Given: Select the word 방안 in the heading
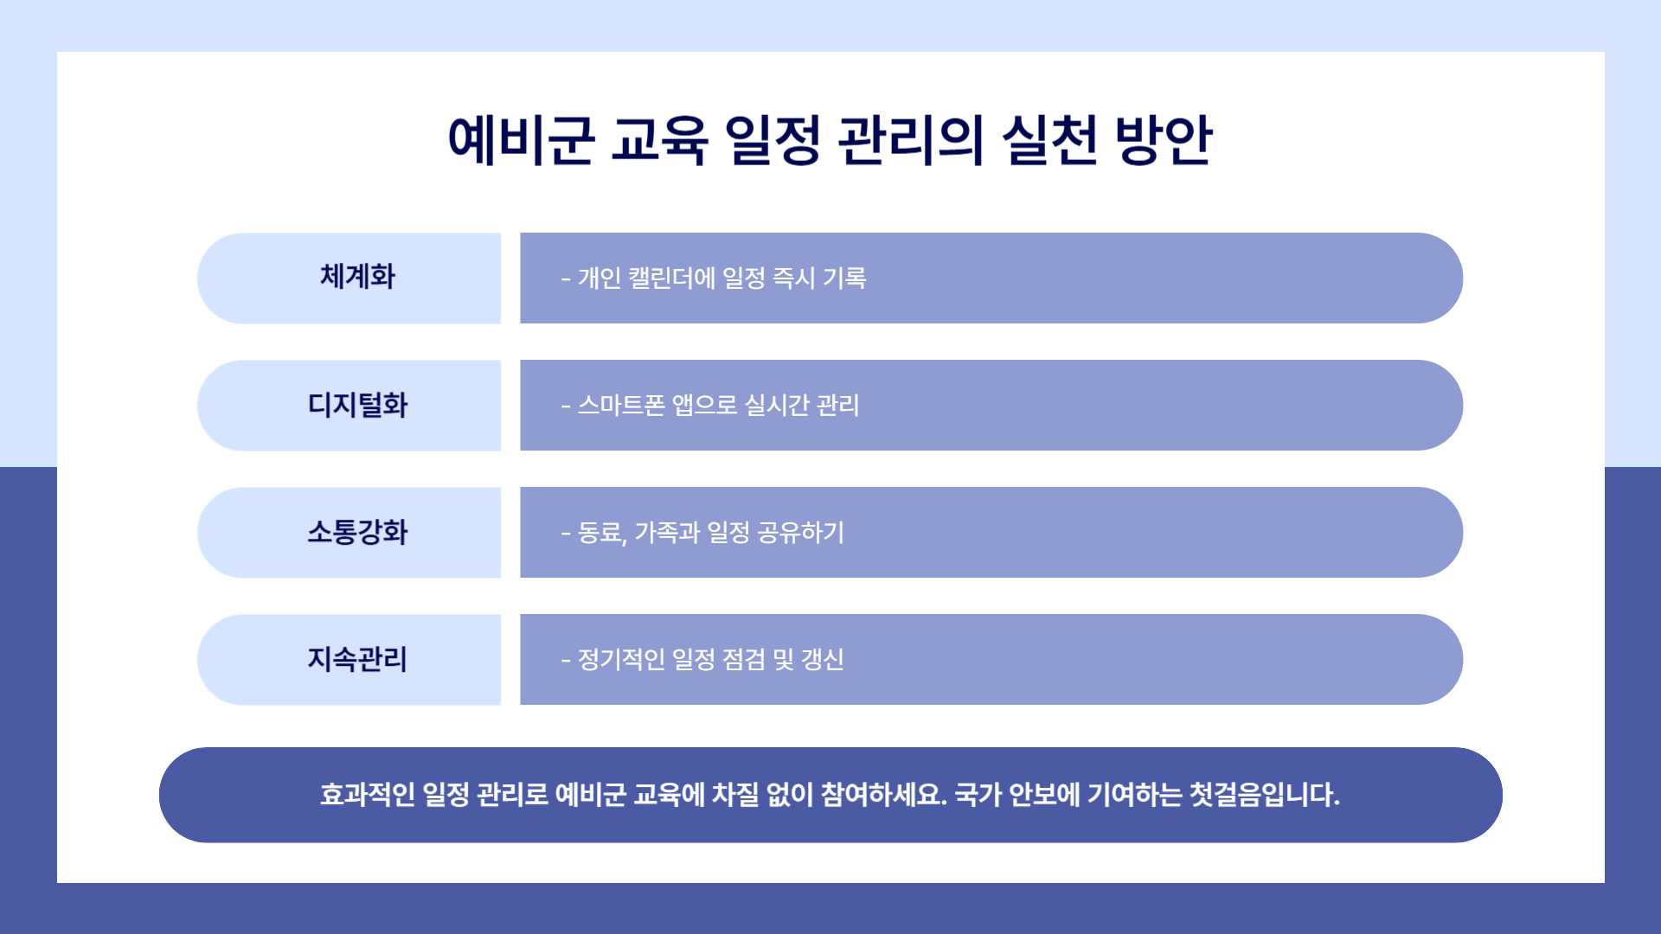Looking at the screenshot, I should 1164,139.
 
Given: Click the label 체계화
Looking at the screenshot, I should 357,277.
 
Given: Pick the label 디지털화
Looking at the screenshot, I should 357,405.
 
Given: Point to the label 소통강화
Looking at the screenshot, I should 357,532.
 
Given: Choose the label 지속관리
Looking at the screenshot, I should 357,659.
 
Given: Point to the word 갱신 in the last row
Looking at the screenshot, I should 823,659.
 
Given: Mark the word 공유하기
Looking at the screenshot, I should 801,532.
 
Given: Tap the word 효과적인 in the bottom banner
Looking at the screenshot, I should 368,794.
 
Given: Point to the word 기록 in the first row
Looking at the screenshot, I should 844,278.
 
